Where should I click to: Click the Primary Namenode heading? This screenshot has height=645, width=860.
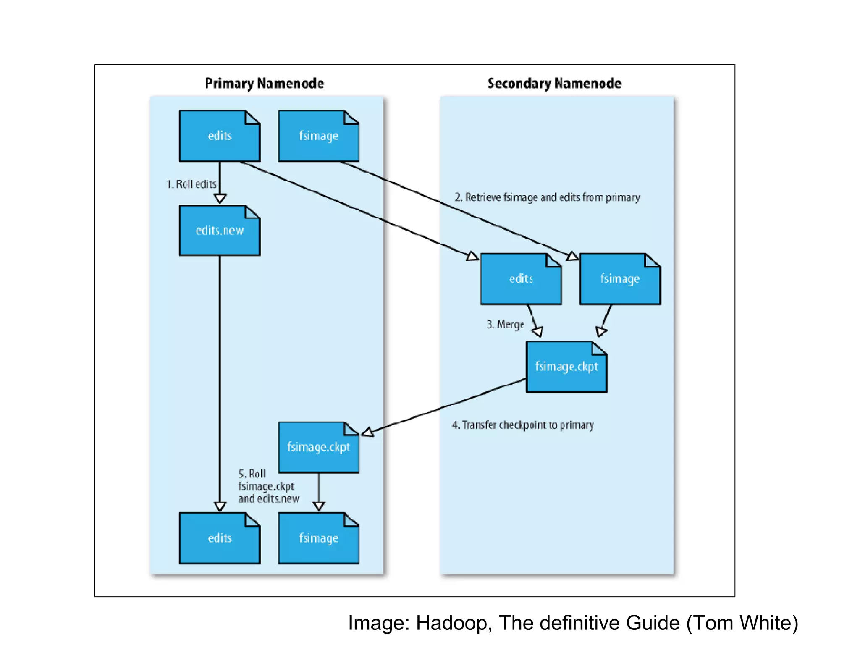tap(264, 83)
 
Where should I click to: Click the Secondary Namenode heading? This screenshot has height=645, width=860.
tap(554, 83)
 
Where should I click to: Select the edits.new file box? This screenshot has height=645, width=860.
tap(220, 231)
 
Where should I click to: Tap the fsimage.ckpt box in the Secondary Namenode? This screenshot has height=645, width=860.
tap(566, 367)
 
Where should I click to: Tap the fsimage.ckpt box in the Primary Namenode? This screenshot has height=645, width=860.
tap(318, 447)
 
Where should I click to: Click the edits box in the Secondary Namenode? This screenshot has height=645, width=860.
tap(521, 279)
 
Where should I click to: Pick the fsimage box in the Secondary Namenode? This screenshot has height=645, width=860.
tap(620, 279)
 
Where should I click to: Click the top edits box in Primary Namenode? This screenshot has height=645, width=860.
tap(220, 136)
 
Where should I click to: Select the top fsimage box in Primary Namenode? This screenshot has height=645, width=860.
tap(318, 136)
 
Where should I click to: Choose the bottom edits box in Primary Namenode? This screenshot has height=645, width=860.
tap(220, 538)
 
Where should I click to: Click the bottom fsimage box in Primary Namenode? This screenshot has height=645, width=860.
tap(318, 538)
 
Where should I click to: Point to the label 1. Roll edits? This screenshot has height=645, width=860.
tap(191, 184)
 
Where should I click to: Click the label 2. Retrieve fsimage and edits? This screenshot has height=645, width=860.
tap(547, 197)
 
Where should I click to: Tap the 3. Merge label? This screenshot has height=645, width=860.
tap(505, 325)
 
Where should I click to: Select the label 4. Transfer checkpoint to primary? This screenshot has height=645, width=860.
tap(523, 425)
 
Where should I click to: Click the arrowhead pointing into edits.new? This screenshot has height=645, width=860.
tap(220, 198)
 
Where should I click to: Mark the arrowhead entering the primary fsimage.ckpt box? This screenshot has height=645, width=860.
tap(368, 432)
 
